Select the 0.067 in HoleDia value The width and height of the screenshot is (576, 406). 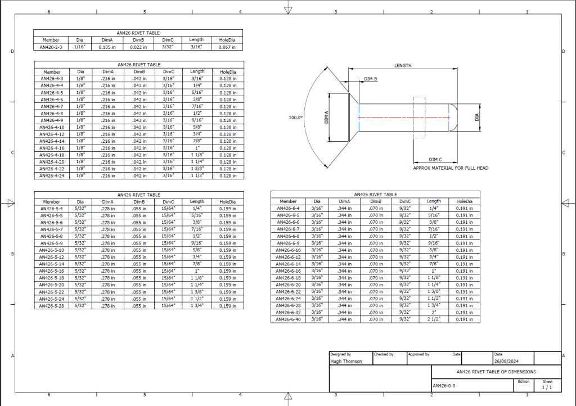227,47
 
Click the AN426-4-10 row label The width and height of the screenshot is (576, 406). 52,127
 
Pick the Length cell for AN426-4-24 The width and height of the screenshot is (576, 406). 197,175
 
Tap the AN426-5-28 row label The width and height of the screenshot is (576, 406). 52,306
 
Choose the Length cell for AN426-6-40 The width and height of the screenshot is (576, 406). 434,319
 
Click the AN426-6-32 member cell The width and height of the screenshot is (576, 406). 288,313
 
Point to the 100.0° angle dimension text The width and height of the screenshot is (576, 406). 296,118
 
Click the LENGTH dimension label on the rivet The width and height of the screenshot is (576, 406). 403,66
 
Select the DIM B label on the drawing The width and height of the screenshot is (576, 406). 371,79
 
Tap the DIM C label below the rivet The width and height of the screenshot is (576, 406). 435,160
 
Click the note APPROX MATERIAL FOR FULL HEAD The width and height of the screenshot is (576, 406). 451,168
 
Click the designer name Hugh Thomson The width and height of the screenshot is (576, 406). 346,362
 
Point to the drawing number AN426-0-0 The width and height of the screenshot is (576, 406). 444,386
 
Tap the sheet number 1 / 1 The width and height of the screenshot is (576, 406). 547,387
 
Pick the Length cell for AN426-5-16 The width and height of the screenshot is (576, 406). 197,271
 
